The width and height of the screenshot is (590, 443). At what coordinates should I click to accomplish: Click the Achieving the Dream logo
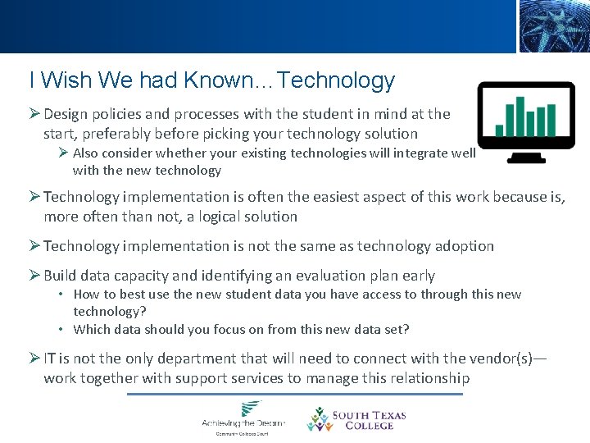(x=243, y=417)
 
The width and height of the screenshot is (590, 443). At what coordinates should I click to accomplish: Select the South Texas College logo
(x=356, y=418)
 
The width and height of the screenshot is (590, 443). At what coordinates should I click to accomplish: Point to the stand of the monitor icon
(x=526, y=155)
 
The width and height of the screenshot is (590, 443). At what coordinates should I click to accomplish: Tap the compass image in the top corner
(x=553, y=26)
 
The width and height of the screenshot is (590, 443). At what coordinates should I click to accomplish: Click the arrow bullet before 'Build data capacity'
(x=34, y=276)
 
